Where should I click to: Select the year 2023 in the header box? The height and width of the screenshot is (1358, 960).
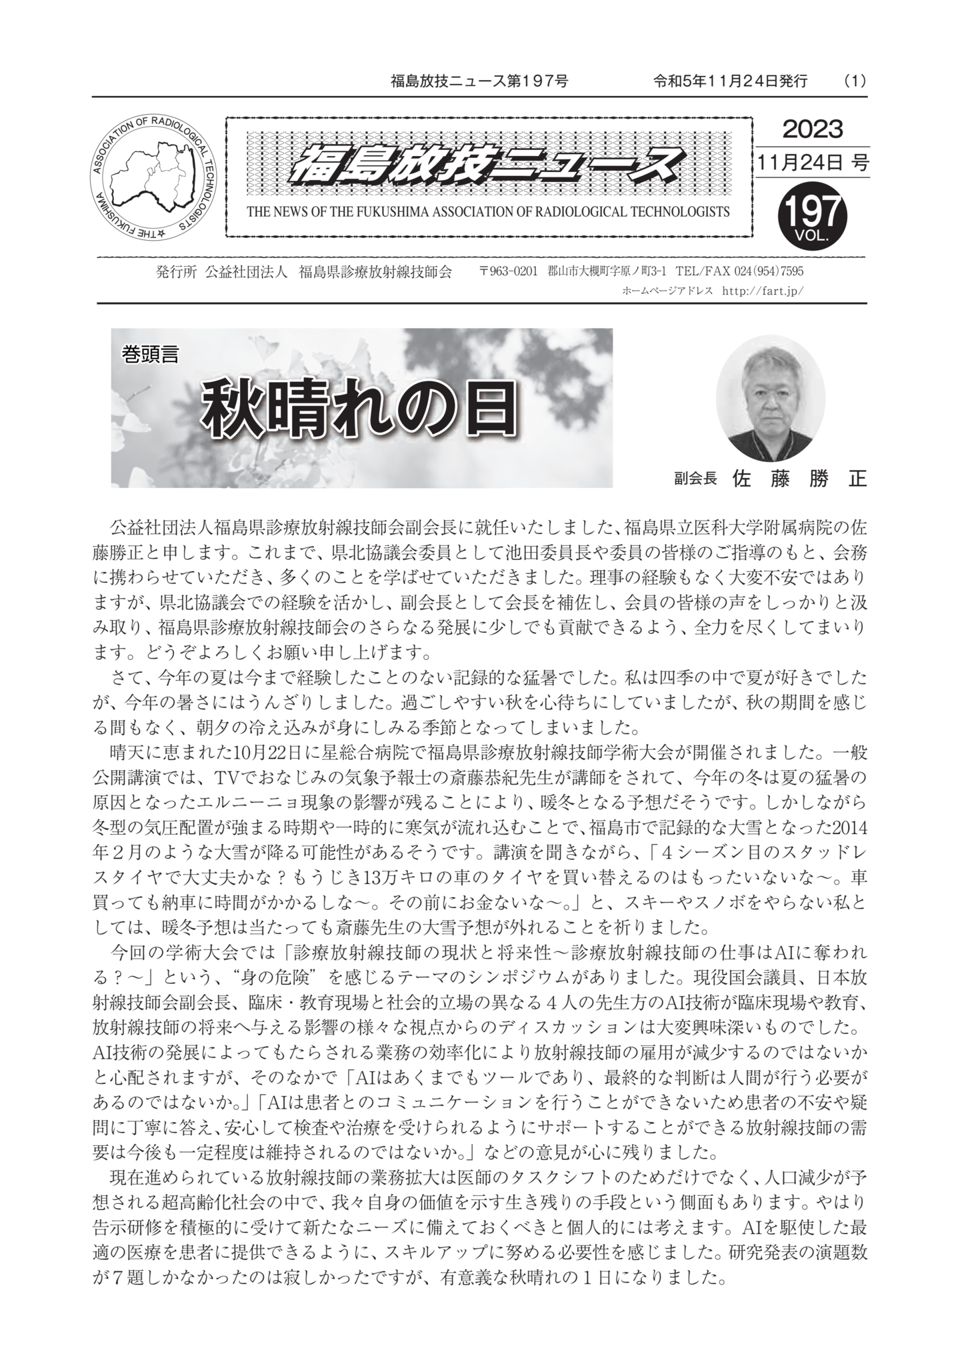(812, 129)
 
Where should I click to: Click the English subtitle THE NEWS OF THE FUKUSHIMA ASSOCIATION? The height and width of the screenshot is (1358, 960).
(488, 212)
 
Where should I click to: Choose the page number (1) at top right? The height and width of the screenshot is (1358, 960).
(855, 81)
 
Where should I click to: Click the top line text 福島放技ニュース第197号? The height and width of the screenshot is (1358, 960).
(479, 81)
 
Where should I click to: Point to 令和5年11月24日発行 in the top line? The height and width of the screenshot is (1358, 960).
(730, 81)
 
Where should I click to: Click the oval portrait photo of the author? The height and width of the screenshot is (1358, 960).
(770, 398)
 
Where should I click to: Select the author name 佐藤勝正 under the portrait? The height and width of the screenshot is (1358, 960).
(799, 479)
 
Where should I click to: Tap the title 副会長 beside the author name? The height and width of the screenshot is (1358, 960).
(695, 479)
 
